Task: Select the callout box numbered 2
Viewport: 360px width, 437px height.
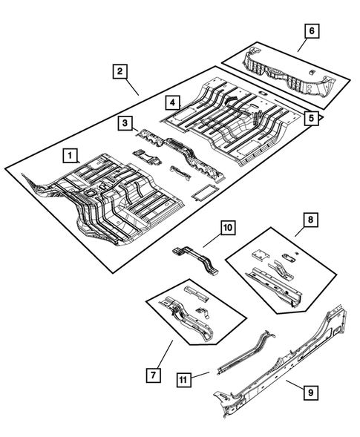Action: click(x=119, y=72)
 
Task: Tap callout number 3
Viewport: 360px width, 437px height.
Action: click(x=126, y=122)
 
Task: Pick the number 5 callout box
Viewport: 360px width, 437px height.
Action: click(x=312, y=116)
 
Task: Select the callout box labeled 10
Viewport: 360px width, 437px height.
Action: click(x=227, y=226)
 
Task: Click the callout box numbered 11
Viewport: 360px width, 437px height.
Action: click(x=183, y=379)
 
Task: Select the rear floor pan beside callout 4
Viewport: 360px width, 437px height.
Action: click(x=223, y=119)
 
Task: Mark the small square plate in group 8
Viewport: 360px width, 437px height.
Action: click(x=292, y=257)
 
